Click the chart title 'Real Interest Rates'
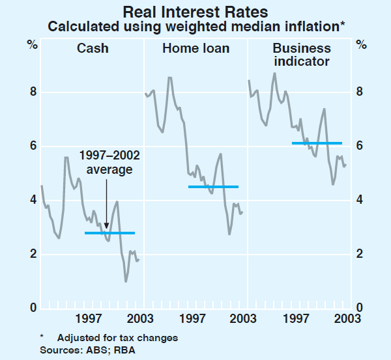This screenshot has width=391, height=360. [195, 11]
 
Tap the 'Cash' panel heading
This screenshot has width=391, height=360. [93, 48]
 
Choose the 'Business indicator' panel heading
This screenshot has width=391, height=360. [302, 55]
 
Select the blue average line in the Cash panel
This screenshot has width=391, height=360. [109, 232]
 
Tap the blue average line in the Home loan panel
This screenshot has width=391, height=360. [213, 187]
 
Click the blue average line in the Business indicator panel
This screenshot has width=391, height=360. [317, 143]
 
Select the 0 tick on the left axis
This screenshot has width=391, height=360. [32, 308]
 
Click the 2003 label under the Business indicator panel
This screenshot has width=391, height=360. [345, 320]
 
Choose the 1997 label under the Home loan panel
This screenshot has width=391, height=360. [192, 320]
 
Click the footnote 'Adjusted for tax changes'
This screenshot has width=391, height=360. [117, 338]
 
